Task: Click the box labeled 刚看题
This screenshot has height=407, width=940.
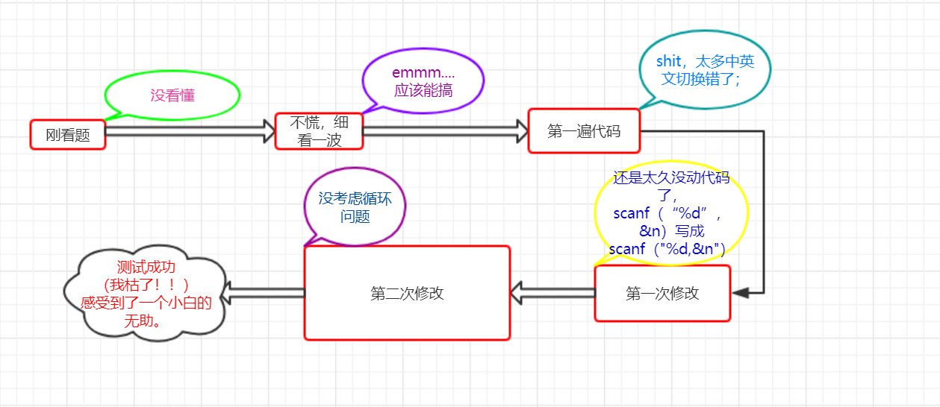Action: (68, 135)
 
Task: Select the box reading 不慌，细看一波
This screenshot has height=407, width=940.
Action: (319, 131)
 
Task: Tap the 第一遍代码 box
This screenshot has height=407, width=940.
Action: (583, 131)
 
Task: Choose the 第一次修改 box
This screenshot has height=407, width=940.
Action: (662, 294)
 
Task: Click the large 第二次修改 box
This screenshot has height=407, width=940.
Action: (407, 293)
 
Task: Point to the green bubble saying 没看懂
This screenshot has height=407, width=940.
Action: (172, 95)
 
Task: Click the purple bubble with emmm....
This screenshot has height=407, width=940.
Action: (423, 81)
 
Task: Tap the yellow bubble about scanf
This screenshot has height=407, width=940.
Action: (670, 212)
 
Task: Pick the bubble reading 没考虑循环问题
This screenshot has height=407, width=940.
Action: (355, 206)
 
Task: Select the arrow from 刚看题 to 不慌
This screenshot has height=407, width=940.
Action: (190, 131)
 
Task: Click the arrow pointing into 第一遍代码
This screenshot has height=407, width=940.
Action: (446, 131)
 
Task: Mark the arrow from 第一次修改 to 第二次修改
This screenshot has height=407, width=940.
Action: (553, 293)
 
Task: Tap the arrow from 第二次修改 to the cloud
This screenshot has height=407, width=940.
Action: (264, 292)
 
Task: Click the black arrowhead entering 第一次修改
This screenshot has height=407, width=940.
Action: (741, 293)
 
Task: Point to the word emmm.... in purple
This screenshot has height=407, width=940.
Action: (423, 73)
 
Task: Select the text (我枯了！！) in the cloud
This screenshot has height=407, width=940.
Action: (146, 285)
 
